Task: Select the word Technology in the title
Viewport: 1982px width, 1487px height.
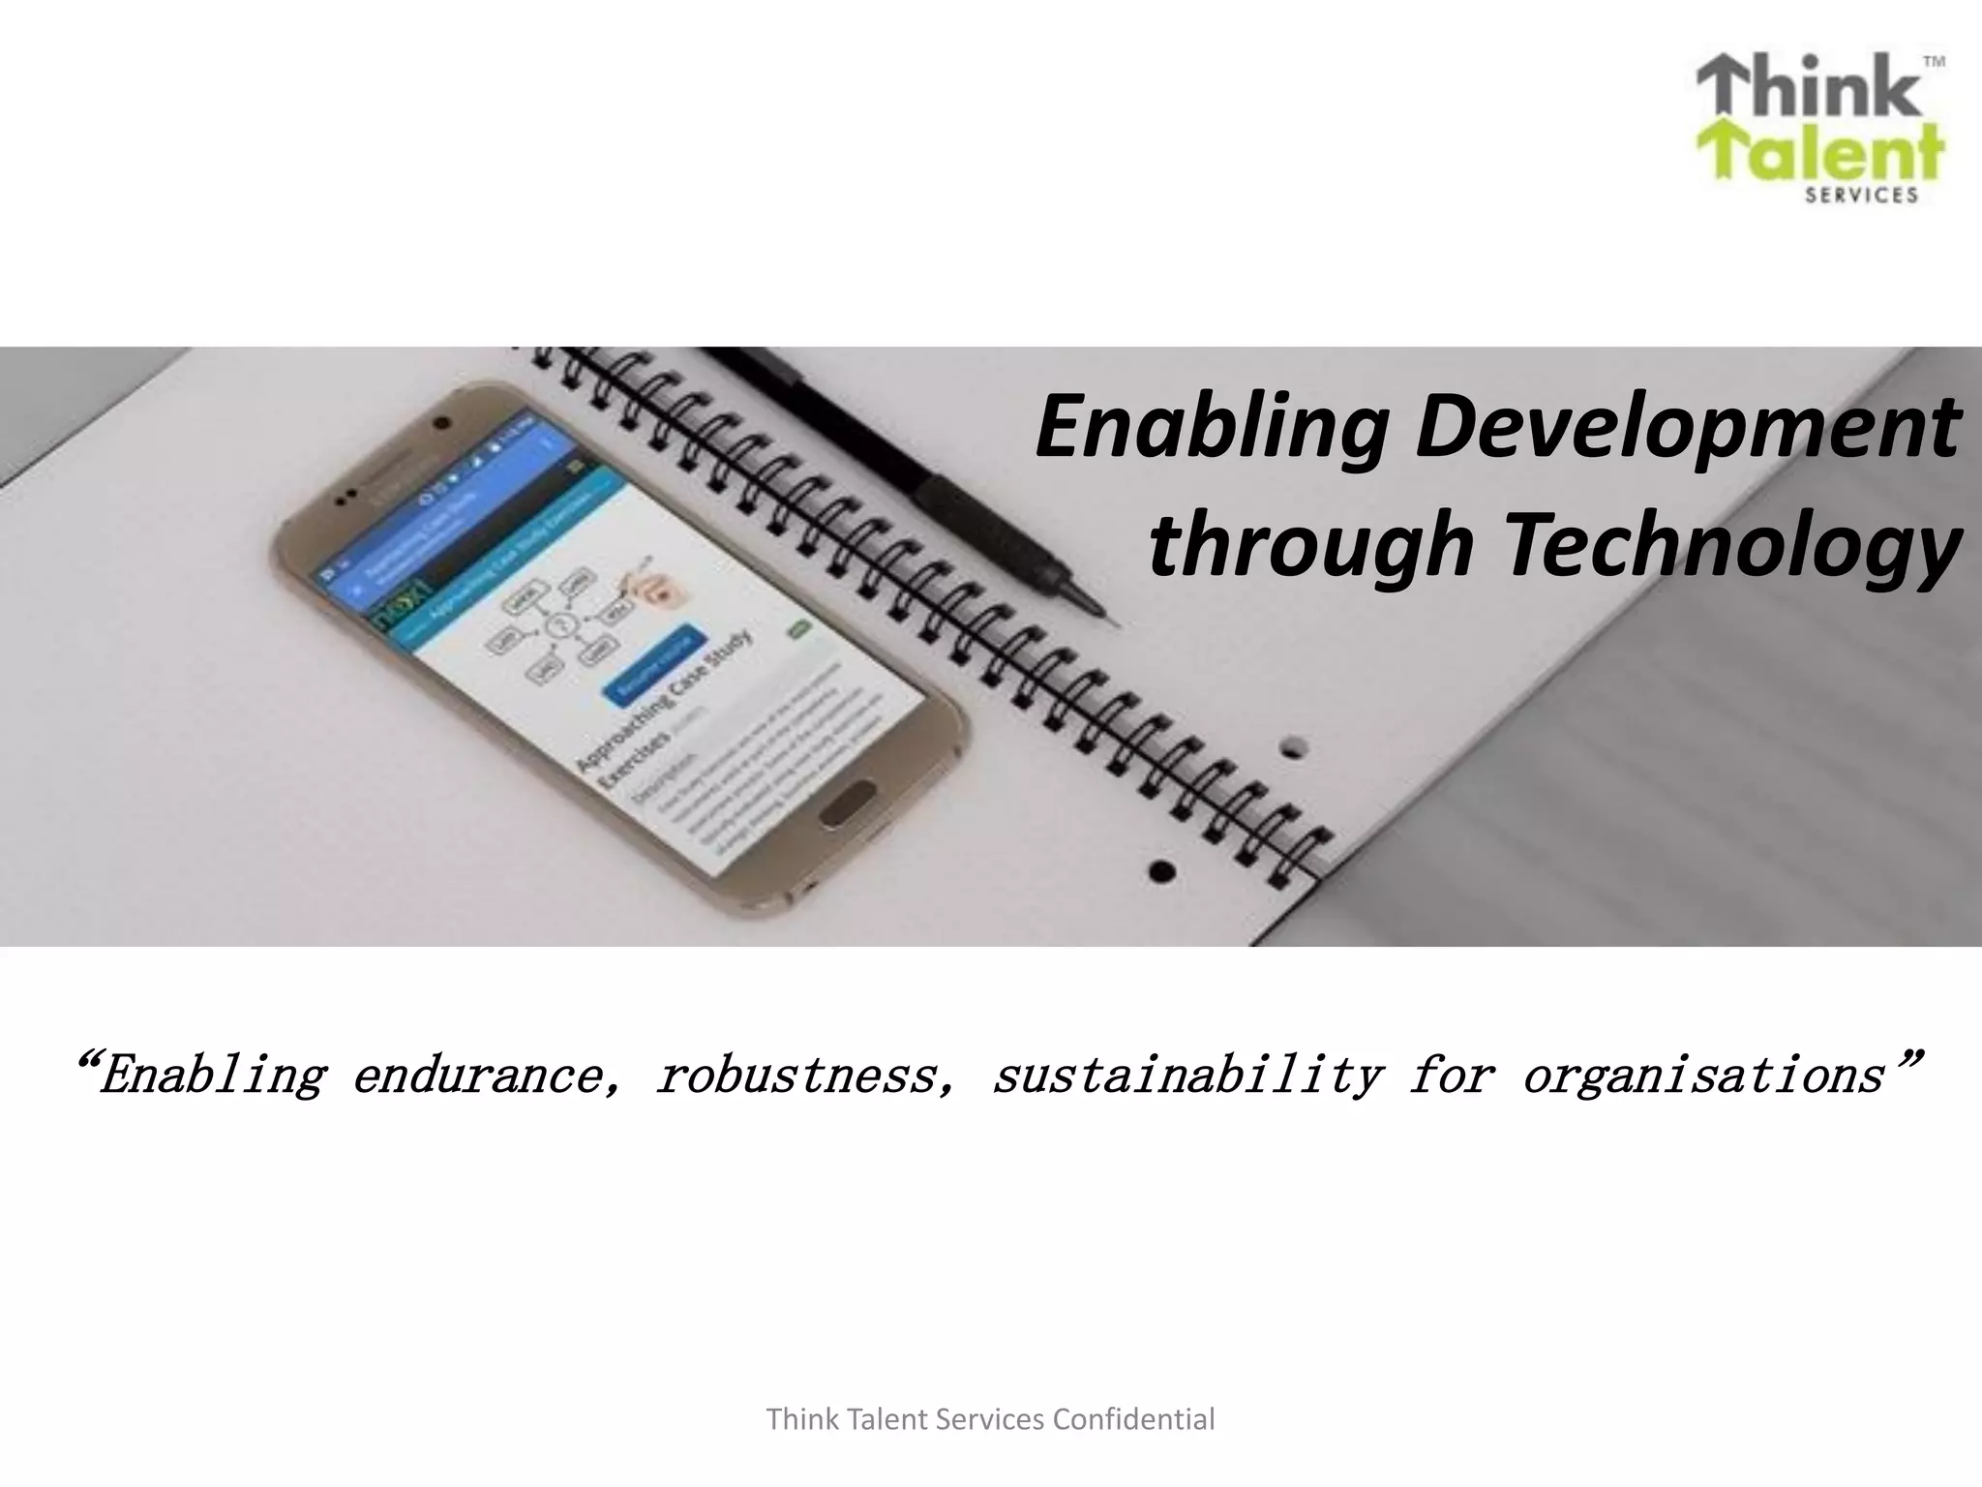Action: pos(1731,545)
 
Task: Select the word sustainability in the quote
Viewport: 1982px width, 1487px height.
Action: pos(1188,1075)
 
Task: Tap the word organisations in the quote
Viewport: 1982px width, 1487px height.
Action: pos(1703,1075)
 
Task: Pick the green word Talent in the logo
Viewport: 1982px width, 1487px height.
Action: pos(1819,155)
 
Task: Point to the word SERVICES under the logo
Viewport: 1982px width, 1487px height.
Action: pos(1862,196)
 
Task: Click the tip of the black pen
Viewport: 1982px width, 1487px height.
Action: pos(1113,620)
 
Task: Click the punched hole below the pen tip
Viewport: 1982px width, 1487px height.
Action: pos(1295,746)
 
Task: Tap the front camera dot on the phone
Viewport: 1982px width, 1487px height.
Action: pos(442,422)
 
